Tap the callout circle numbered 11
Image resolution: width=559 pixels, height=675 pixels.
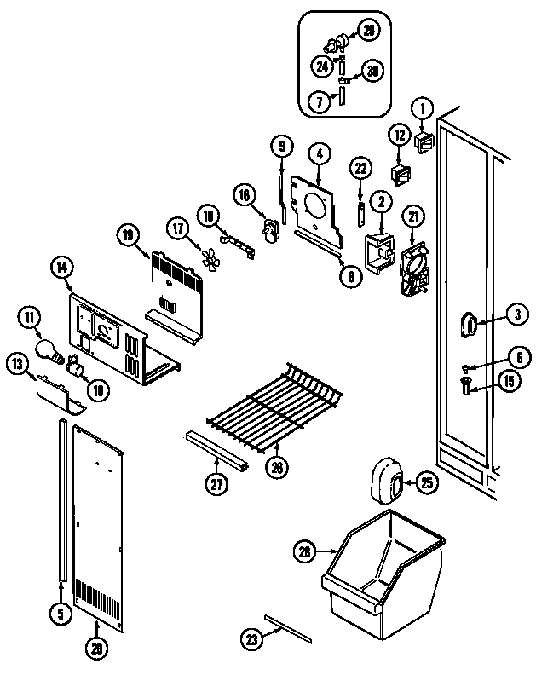tap(31, 320)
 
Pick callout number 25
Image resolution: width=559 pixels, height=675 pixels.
tap(426, 484)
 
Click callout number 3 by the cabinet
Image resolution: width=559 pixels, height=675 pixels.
tap(516, 314)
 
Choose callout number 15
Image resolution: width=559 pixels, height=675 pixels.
tap(508, 381)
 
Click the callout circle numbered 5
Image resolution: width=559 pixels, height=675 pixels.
tap(61, 610)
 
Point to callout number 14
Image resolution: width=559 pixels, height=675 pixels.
tap(62, 268)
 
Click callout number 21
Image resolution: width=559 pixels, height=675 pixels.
tap(413, 216)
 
